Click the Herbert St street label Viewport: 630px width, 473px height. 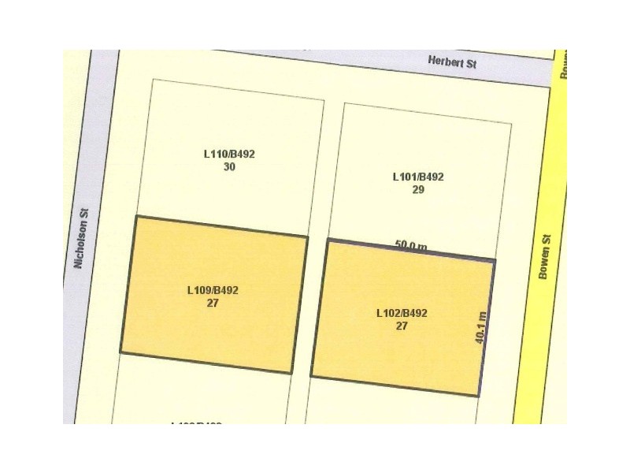point(452,61)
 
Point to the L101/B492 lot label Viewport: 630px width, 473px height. point(418,177)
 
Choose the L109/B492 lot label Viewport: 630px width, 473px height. point(213,290)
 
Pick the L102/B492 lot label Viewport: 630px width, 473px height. point(402,313)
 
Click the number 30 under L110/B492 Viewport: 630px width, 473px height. point(229,167)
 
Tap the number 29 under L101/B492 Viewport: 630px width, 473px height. point(418,189)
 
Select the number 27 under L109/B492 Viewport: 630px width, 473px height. point(213,303)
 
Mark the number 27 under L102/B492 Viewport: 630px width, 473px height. point(402,326)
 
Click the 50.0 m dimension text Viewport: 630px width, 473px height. point(410,246)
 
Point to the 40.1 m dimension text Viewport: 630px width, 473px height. point(481,326)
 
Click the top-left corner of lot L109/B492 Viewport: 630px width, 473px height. point(136,216)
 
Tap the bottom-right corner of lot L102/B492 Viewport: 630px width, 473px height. point(478,396)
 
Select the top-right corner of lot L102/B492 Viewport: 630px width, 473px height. point(495,259)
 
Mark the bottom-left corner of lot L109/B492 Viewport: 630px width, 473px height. point(120,352)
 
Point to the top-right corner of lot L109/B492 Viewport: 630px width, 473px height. point(308,236)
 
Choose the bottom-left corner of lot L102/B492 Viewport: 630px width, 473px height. point(311,376)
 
